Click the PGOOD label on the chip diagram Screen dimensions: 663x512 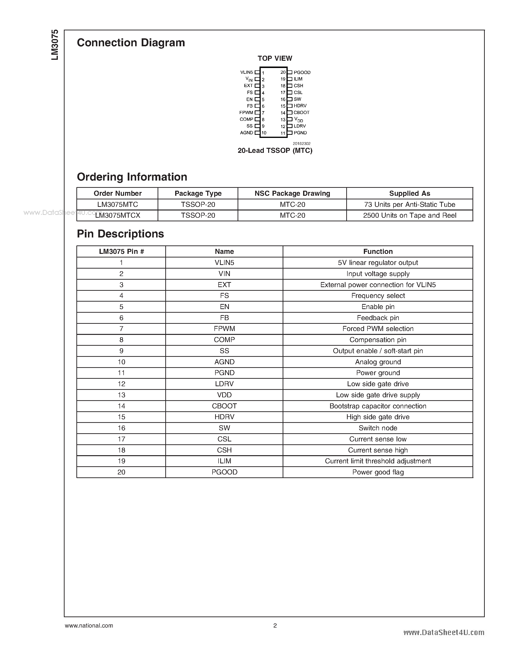coord(302,72)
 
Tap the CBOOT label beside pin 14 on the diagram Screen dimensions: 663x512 coord(301,113)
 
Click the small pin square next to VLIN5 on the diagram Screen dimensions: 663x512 coord(257,72)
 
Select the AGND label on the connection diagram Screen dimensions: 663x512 coord(246,133)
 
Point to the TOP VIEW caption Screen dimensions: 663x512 coord(275,58)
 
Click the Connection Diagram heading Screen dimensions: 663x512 coord(131,43)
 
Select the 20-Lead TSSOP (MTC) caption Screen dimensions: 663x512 coord(275,151)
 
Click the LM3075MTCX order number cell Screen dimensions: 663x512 coord(118,216)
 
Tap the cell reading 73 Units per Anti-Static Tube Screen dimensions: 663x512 coord(409,205)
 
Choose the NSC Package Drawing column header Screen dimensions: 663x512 coord(292,193)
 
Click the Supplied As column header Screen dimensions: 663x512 coord(409,193)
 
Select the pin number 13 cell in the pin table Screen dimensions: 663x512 coord(121,395)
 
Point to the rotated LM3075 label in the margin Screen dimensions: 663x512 coord(55,45)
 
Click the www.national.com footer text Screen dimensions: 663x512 coord(89,626)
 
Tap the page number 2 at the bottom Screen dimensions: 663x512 coord(275,626)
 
